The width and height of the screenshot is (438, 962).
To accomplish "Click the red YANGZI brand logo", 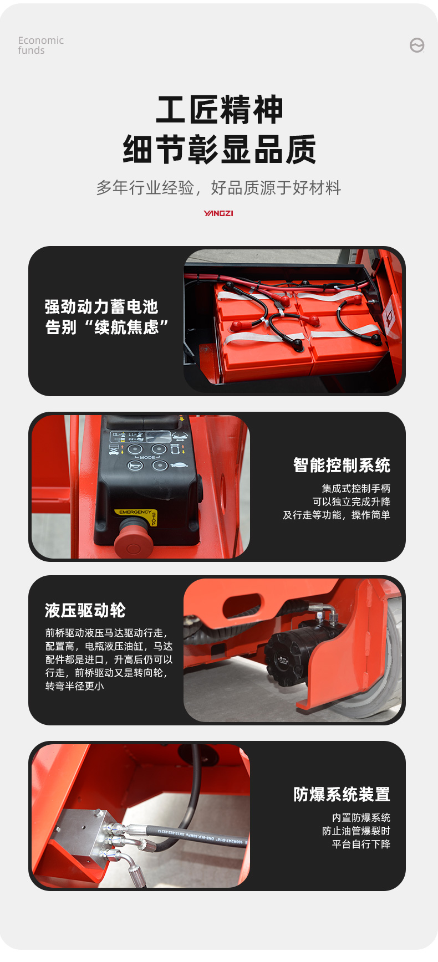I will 218,213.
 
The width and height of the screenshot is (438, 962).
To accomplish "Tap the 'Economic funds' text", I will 40,45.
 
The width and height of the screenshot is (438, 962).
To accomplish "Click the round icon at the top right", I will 417,45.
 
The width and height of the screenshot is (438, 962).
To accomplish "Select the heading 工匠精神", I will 220,110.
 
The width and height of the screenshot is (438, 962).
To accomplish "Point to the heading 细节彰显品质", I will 220,150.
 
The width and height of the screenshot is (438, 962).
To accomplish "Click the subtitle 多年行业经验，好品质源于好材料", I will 218,188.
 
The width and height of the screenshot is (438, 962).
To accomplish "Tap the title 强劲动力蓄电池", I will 101,306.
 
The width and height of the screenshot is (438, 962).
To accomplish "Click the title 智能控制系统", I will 342,465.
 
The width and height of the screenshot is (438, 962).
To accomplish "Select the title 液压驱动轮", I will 85,611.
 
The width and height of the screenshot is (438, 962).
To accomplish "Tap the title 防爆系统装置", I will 342,795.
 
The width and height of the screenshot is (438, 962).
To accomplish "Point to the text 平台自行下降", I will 361,844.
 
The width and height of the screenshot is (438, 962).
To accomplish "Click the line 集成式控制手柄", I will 356,488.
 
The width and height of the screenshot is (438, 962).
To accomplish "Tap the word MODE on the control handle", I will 147,458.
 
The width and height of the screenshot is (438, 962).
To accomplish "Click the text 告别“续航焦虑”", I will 106,327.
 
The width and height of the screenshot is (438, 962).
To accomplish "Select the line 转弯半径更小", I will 75,686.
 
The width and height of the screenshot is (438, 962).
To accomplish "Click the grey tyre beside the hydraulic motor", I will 383,693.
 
